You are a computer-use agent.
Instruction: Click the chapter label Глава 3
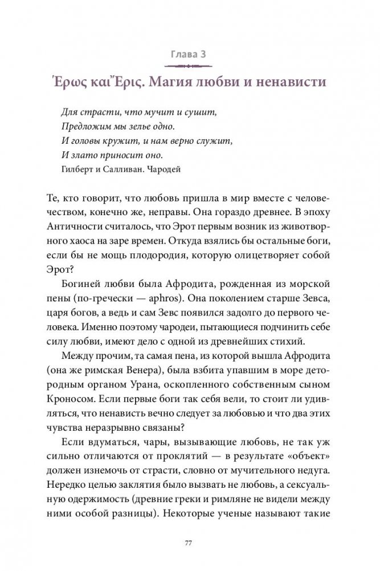click(x=190, y=55)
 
